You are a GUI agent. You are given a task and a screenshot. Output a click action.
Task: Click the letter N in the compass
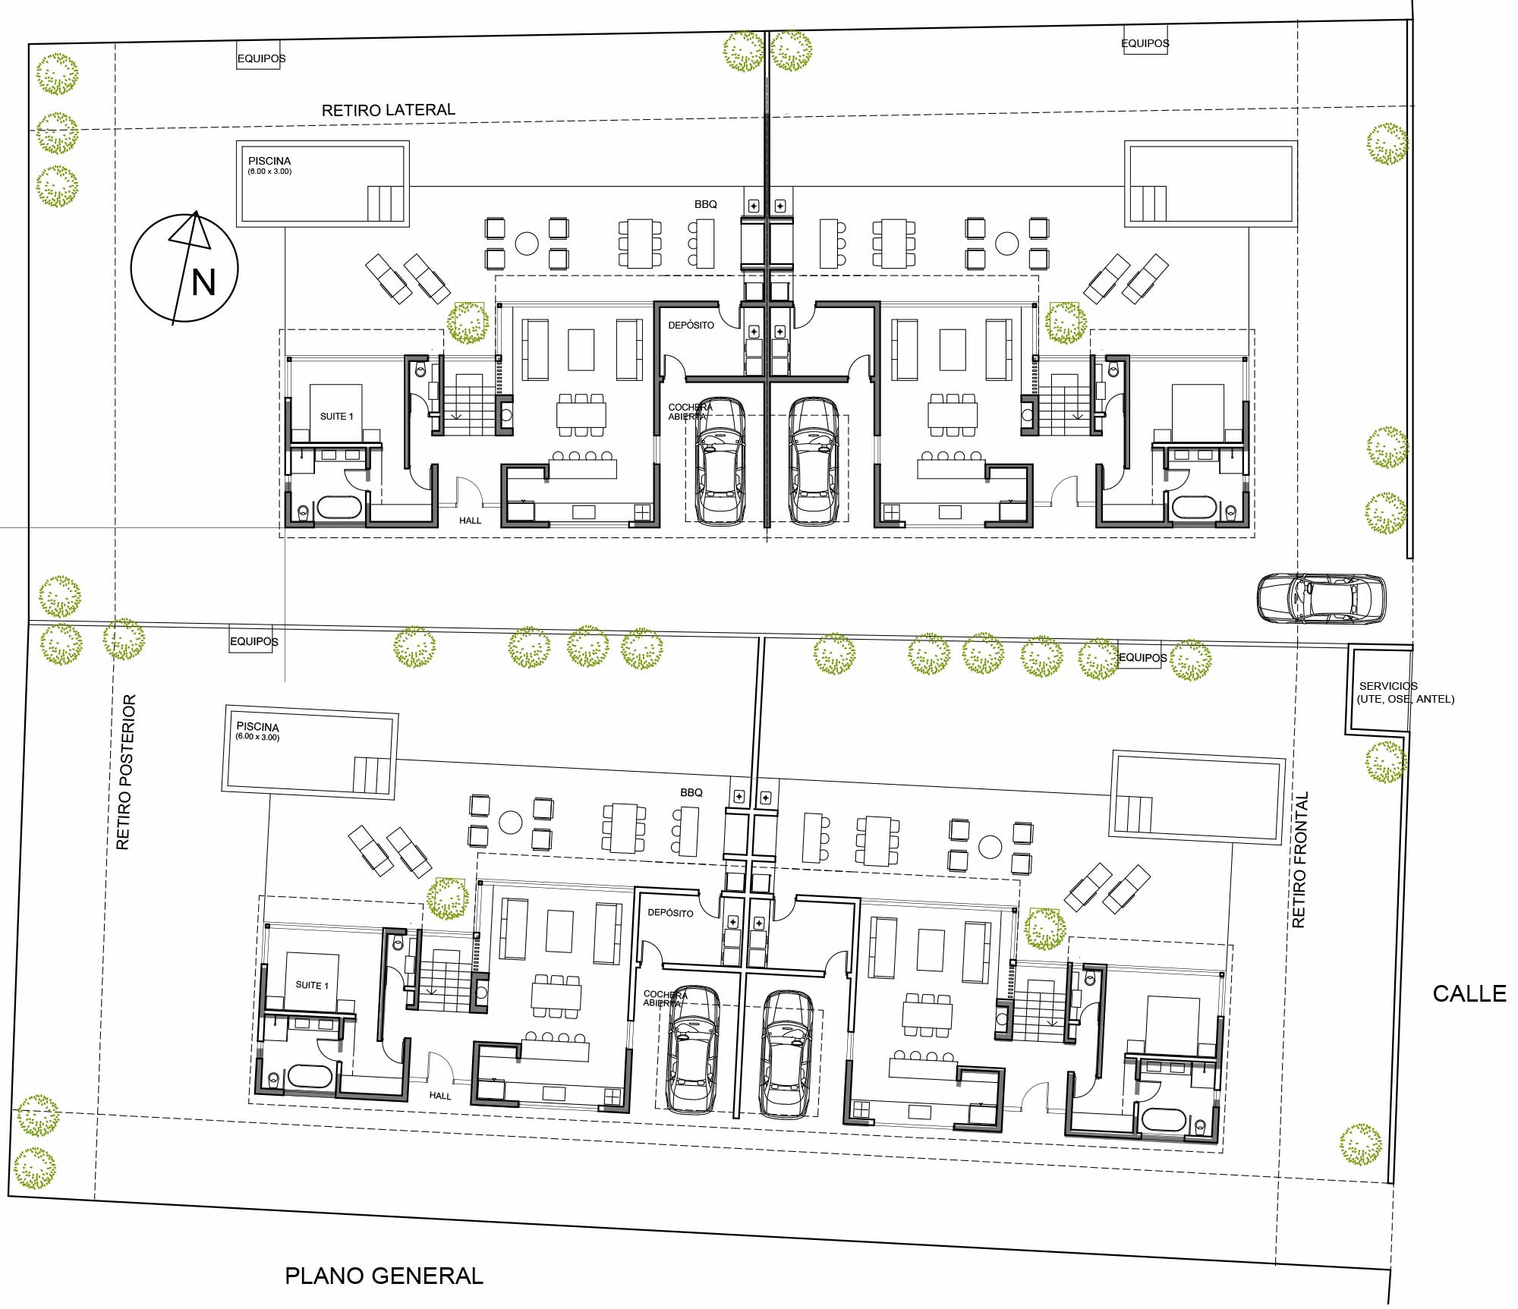pyautogui.click(x=203, y=282)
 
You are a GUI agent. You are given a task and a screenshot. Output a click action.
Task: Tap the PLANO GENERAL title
pyautogui.click(x=384, y=1276)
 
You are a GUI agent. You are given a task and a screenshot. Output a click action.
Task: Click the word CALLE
pyautogui.click(x=1469, y=993)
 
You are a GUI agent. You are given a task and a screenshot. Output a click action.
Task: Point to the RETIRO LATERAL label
pyautogui.click(x=389, y=110)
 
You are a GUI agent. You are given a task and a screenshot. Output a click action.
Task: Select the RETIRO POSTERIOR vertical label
pyautogui.click(x=126, y=771)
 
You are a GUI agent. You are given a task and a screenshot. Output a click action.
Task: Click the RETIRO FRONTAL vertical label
pyautogui.click(x=1300, y=860)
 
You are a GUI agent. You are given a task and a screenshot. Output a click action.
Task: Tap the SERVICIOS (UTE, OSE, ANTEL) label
pyautogui.click(x=1406, y=692)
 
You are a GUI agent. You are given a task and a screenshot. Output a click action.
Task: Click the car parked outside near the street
pyautogui.click(x=1321, y=599)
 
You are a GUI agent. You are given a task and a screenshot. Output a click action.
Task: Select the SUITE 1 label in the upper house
pyautogui.click(x=336, y=416)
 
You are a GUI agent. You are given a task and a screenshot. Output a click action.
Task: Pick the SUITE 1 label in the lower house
pyautogui.click(x=312, y=984)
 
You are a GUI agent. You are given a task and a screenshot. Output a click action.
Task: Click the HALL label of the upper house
pyautogui.click(x=471, y=521)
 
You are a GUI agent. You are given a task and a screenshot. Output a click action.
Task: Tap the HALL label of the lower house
pyautogui.click(x=440, y=1096)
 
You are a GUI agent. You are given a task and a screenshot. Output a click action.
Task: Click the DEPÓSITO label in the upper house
pyautogui.click(x=691, y=325)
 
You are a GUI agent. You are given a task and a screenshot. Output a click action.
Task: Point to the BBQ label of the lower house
pyautogui.click(x=691, y=792)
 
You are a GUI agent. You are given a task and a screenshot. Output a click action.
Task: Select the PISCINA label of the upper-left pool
pyautogui.click(x=269, y=161)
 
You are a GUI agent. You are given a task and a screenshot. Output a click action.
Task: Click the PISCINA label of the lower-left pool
pyautogui.click(x=257, y=726)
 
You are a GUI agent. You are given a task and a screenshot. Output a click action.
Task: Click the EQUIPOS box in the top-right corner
pyautogui.click(x=1145, y=42)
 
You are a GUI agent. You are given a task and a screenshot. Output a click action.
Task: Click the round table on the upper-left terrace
pyautogui.click(x=527, y=244)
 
